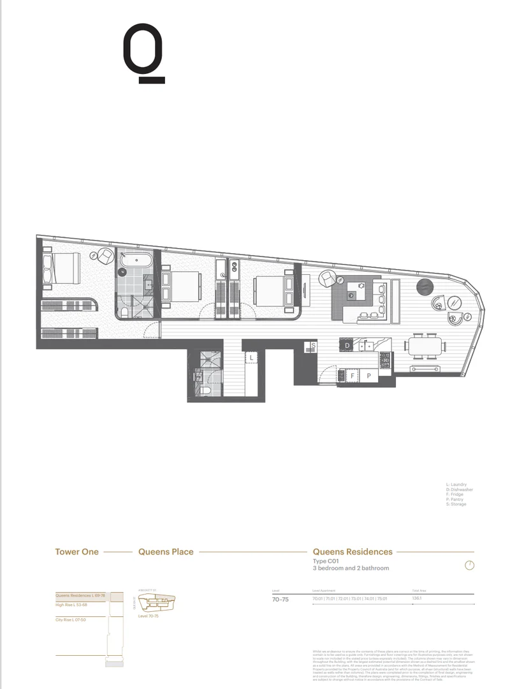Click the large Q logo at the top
(x=143, y=54)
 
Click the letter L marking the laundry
(x=252, y=359)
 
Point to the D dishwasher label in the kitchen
(x=347, y=346)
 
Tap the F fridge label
(x=353, y=376)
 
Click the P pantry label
(x=368, y=376)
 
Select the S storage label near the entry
(x=313, y=346)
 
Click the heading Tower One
(x=76, y=552)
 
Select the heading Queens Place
(x=166, y=552)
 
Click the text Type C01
(x=325, y=561)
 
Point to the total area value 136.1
(x=418, y=599)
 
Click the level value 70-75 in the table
(x=280, y=600)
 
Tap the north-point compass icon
(x=470, y=565)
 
